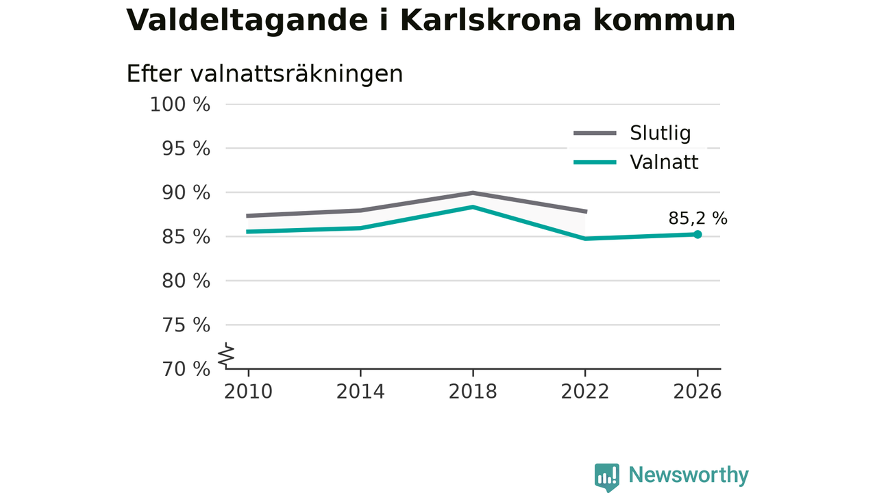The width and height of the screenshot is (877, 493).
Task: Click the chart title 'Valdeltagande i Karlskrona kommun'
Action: point(431,21)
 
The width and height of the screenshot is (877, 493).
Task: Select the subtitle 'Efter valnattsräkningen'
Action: point(264,74)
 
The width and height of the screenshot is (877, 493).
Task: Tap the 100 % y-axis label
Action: point(180,105)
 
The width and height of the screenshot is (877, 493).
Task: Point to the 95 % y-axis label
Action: point(186,149)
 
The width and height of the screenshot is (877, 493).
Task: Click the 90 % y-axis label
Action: point(186,193)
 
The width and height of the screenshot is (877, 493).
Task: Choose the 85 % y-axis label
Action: point(186,237)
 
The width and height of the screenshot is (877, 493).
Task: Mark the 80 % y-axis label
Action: point(186,281)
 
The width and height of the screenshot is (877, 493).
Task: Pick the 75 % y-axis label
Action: point(186,325)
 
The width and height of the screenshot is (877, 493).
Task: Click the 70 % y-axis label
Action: point(186,369)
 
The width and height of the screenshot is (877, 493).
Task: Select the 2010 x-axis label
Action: point(248,392)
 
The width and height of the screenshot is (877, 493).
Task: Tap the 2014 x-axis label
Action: point(360,392)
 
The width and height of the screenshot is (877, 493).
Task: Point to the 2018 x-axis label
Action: point(473,392)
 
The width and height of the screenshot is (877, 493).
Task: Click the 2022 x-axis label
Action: point(585,392)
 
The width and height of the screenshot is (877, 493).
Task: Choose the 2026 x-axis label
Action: point(697,392)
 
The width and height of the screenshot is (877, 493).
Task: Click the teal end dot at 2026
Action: point(697,234)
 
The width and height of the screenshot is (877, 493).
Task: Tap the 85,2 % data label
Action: point(697,218)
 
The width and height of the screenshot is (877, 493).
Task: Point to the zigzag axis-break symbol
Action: point(226,355)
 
